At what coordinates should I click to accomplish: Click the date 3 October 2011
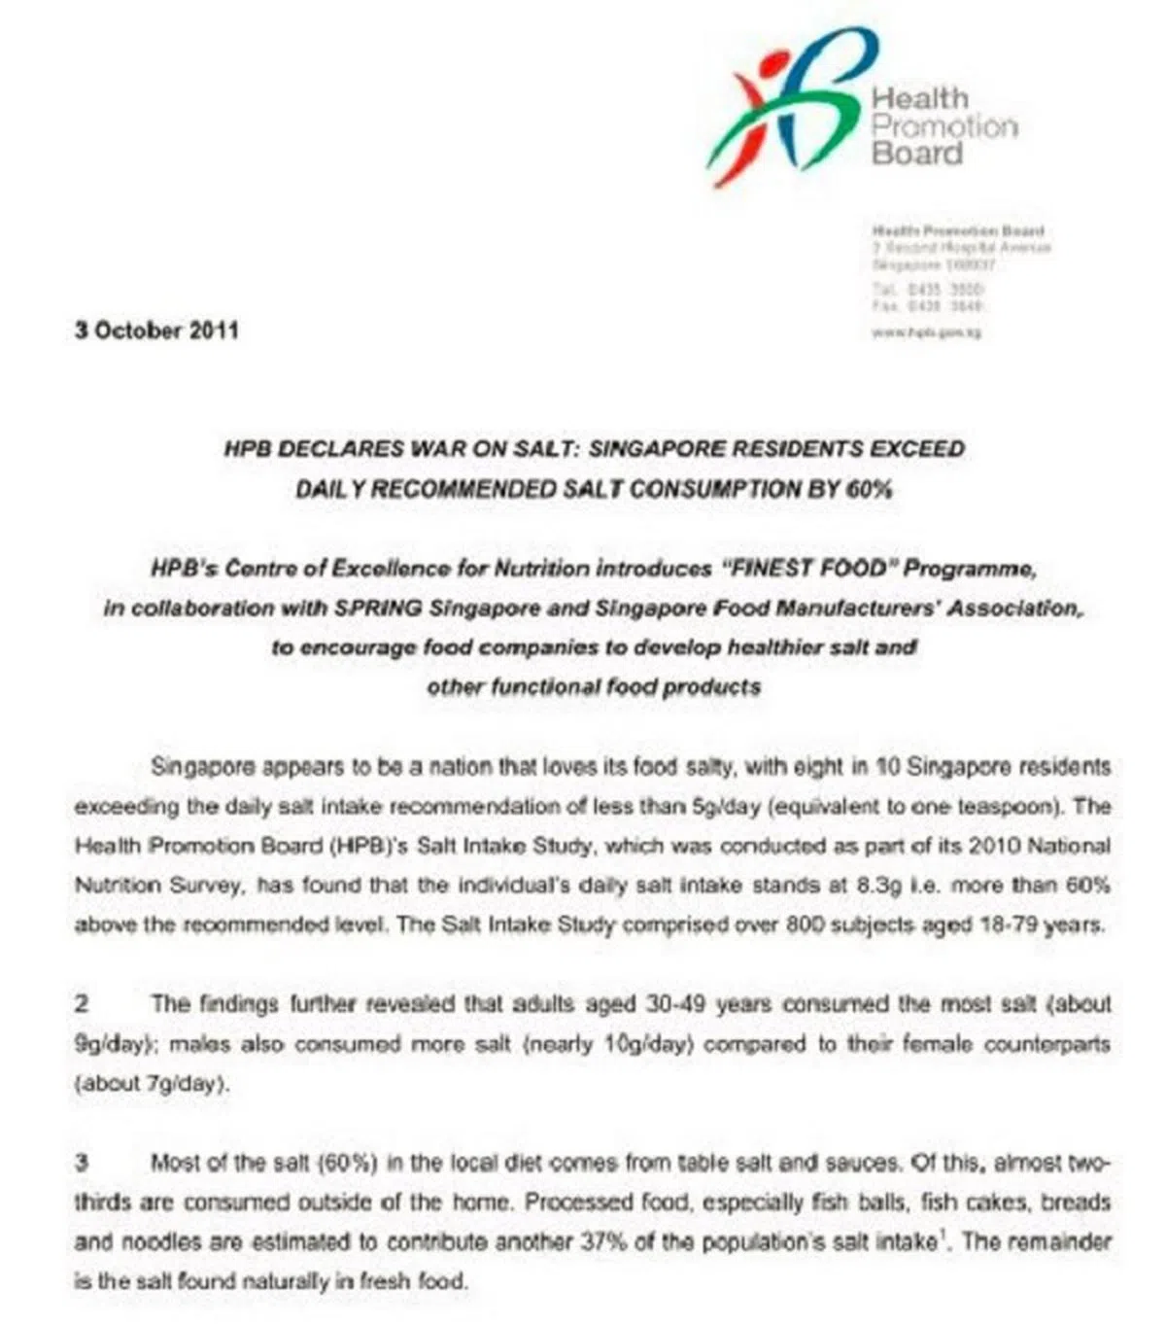tap(156, 331)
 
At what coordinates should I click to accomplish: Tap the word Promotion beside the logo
tap(943, 126)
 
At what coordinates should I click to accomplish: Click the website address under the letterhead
tap(927, 332)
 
